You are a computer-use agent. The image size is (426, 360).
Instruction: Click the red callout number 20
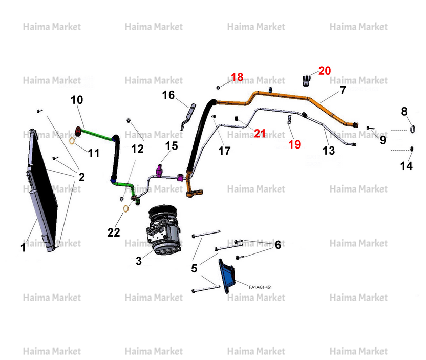click(325, 71)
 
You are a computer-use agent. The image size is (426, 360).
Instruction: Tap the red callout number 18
click(237, 77)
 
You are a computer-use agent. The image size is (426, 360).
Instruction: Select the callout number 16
click(168, 95)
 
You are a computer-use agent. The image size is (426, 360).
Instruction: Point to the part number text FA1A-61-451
click(260, 287)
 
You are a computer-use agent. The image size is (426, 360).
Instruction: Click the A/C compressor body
click(163, 229)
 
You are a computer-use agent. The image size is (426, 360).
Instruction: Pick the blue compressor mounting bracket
click(227, 276)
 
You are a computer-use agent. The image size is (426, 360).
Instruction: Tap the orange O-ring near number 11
click(72, 141)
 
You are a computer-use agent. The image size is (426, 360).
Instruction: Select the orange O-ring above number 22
click(126, 208)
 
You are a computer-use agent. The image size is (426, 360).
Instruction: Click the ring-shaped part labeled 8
click(412, 129)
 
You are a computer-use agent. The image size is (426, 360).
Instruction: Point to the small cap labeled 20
click(306, 81)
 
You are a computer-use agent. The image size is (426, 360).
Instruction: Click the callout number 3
click(139, 261)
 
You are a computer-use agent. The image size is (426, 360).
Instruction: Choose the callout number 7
click(343, 90)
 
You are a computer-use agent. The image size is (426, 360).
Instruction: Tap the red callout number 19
click(294, 144)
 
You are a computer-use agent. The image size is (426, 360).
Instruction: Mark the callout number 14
click(406, 166)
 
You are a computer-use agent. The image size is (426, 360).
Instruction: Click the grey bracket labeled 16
click(189, 116)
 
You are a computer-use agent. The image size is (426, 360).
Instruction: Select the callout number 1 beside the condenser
click(23, 247)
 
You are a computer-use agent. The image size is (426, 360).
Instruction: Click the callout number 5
click(194, 268)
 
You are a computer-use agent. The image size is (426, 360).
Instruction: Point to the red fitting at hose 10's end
click(78, 132)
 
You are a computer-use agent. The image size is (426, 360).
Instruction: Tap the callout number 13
click(329, 151)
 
